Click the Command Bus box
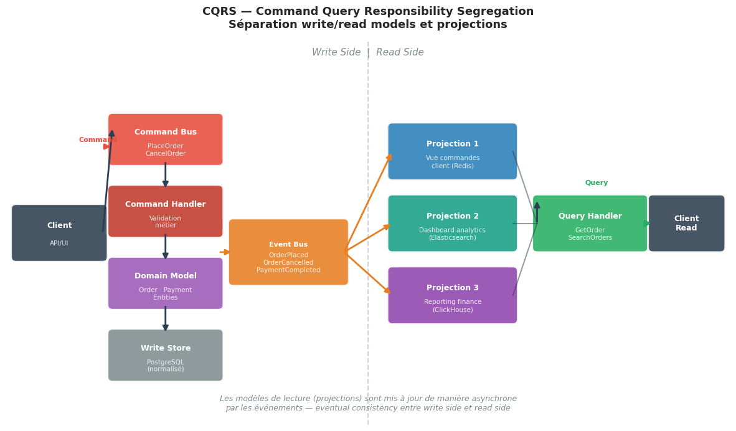tap(165, 140)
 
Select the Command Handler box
tap(165, 211)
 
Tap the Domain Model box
tap(165, 283)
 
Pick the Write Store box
tap(165, 355)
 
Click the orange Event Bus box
tap(288, 252)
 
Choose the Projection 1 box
tap(452, 151)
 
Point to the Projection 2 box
tap(452, 224)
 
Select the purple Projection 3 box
tap(452, 295)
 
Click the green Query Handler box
tap(590, 224)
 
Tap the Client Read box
tap(686, 224)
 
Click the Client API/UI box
tap(59, 233)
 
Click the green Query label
tap(596, 183)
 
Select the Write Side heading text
tap(336, 53)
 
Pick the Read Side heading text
tap(400, 53)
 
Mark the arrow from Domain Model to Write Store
tap(165, 319)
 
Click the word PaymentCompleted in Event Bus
tap(288, 270)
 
